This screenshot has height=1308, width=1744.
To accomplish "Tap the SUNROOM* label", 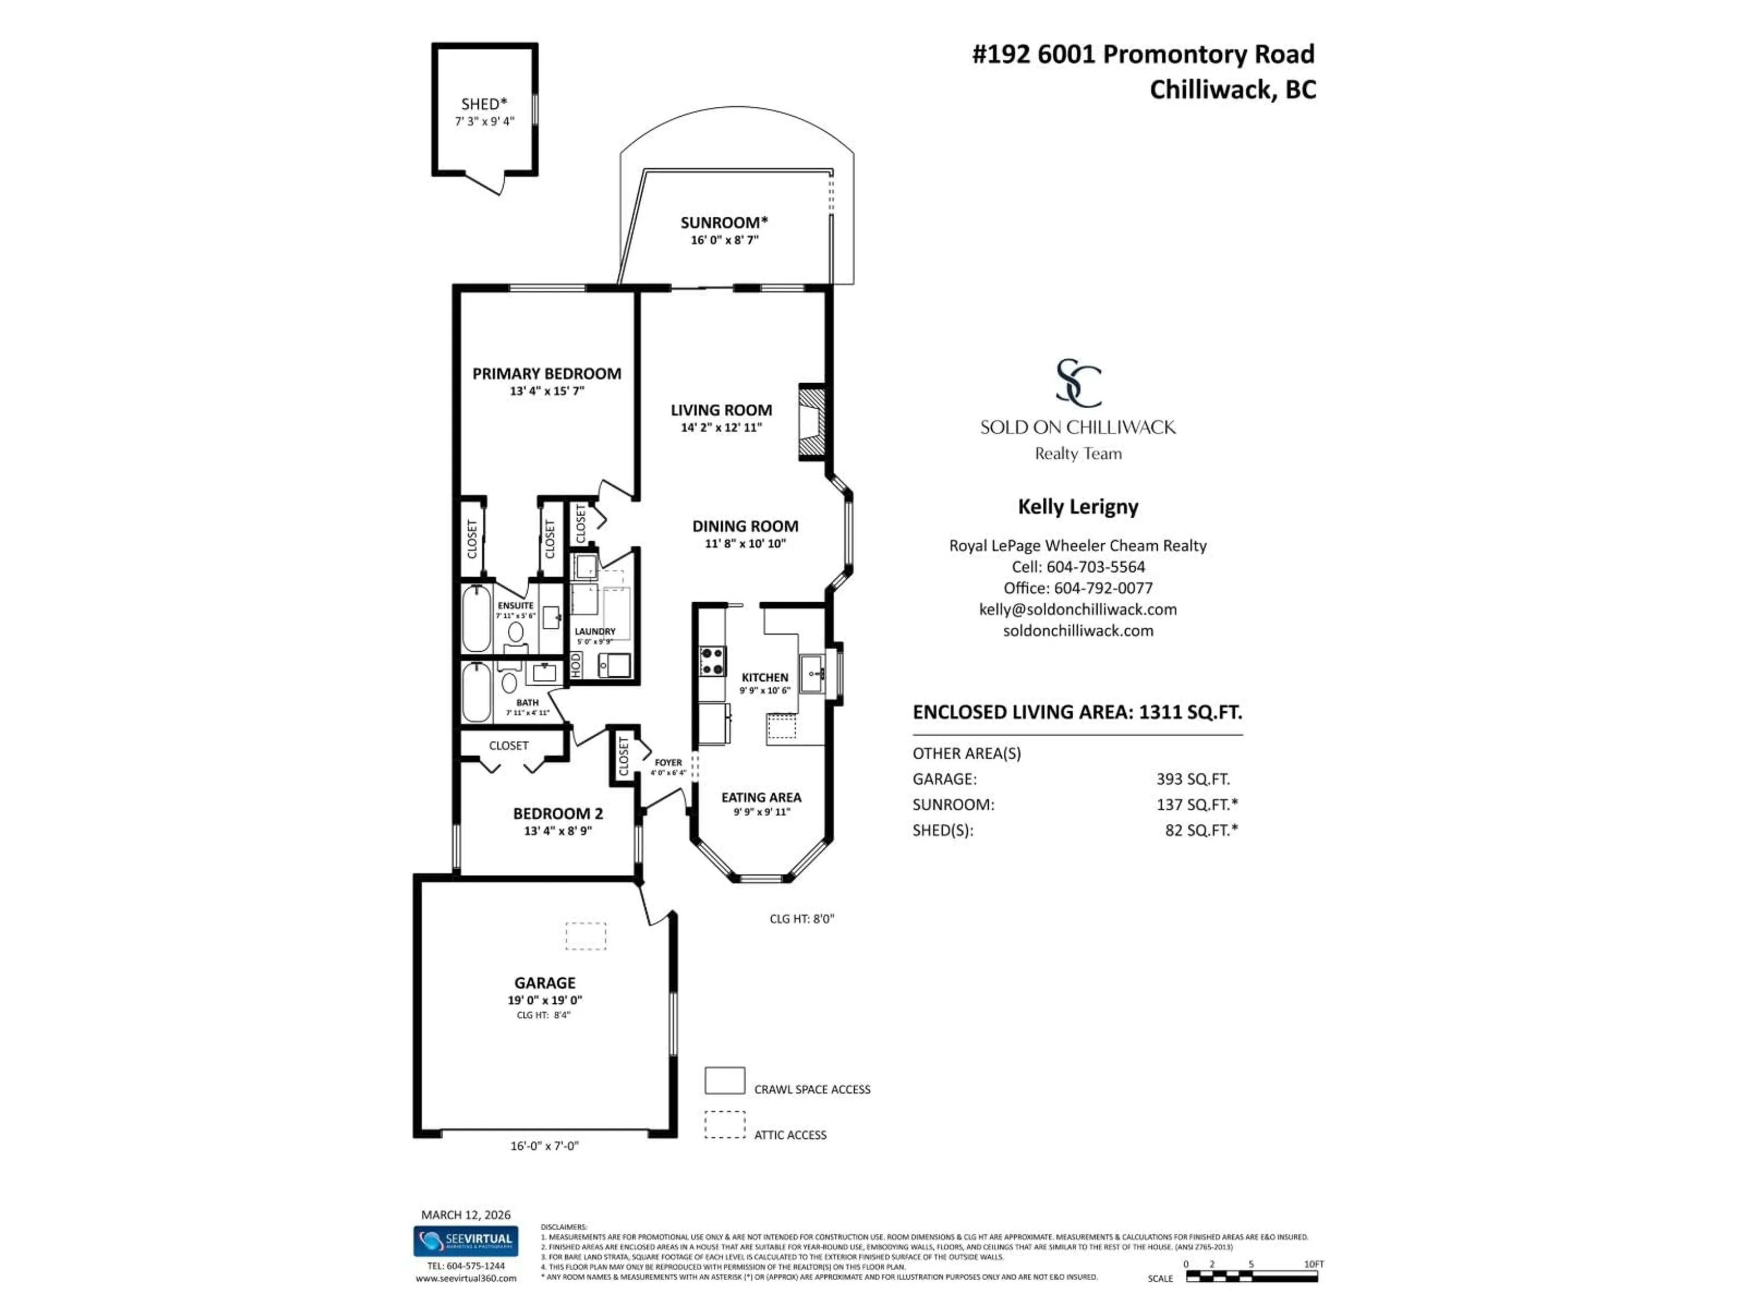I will [x=724, y=223].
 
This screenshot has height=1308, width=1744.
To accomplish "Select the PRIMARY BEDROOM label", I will [x=546, y=374].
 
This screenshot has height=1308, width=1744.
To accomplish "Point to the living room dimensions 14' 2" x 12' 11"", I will [x=721, y=427].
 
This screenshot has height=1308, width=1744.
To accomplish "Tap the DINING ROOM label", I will [x=745, y=526].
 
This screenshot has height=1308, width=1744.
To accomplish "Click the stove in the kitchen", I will [x=713, y=661].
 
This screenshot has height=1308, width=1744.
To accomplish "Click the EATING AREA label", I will [x=761, y=797].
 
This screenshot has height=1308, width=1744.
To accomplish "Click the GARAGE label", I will [x=545, y=982].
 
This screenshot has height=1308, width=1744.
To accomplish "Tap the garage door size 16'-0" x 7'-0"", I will [x=544, y=1145].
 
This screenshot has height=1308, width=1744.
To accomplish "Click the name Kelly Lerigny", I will [x=1078, y=506].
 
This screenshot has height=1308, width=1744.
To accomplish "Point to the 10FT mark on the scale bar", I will [x=1313, y=1264].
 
